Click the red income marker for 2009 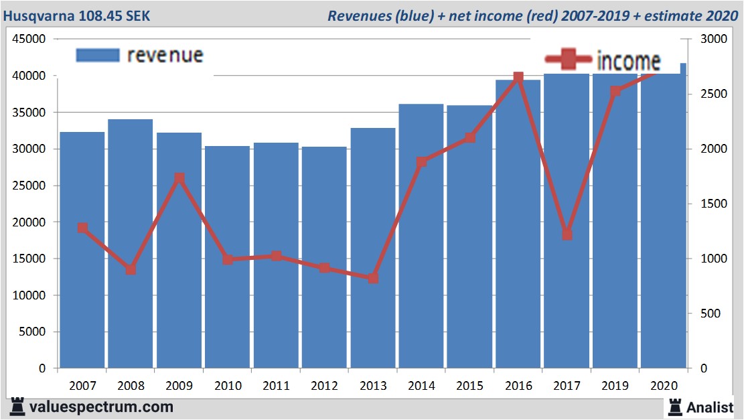click(179, 179)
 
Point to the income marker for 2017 click(567, 234)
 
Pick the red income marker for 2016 click(518, 78)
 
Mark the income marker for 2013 click(373, 278)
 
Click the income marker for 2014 click(421, 161)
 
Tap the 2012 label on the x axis click(324, 386)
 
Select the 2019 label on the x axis click(615, 386)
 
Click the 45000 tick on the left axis click(30, 40)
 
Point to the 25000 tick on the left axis click(30, 186)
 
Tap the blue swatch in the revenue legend click(98, 55)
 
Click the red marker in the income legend click(568, 60)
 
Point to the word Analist click(713, 407)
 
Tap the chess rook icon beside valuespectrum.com click(17, 407)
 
